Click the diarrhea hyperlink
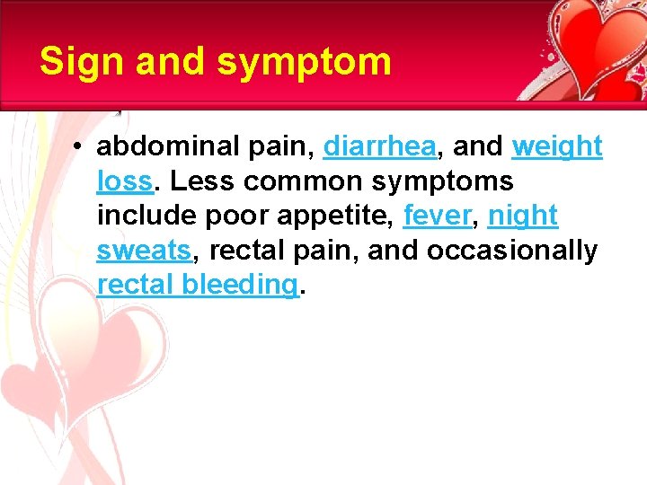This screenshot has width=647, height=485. [377, 145]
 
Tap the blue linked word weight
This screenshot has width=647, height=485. [557, 145]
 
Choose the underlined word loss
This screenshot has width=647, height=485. [125, 181]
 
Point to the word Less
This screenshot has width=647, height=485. [202, 181]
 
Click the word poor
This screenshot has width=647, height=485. [230, 216]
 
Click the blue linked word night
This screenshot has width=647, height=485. [523, 216]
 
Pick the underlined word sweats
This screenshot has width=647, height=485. [144, 251]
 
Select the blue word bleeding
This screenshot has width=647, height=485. [239, 285]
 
